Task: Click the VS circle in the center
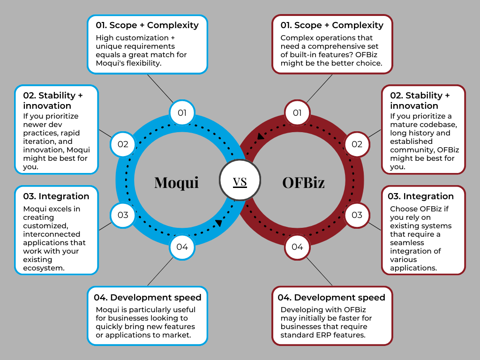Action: (x=240, y=180)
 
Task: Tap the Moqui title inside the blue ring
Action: (x=176, y=182)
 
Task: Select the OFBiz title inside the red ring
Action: (x=303, y=182)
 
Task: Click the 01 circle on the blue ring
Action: (x=182, y=113)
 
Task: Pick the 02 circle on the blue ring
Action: (x=123, y=144)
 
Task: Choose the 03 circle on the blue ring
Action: (x=123, y=215)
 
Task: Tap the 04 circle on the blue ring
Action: (x=182, y=247)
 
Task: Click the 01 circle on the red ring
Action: (x=297, y=113)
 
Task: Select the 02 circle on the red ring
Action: (x=357, y=144)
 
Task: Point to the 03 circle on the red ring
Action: (x=357, y=215)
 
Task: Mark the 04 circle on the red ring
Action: (x=297, y=247)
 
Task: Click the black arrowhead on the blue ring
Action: (x=218, y=223)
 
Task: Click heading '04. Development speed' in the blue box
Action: (x=147, y=297)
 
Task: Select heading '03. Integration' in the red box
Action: (x=422, y=196)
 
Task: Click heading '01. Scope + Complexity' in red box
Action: (x=332, y=25)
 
